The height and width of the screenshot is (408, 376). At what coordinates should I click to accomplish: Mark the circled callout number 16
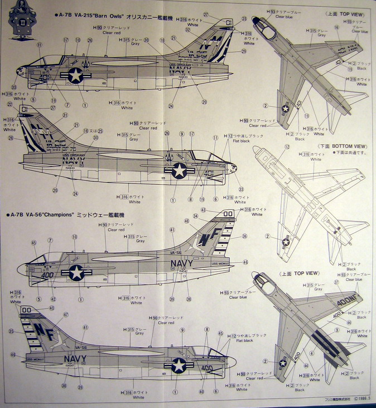pos(336,27)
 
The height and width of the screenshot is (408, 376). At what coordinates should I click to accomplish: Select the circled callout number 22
pos(9,104)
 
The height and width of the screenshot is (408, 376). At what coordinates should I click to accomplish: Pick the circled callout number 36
pos(244,236)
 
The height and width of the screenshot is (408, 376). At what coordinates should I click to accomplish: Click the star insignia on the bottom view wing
pos(286,241)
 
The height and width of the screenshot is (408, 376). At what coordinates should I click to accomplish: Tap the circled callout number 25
pos(100,131)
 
